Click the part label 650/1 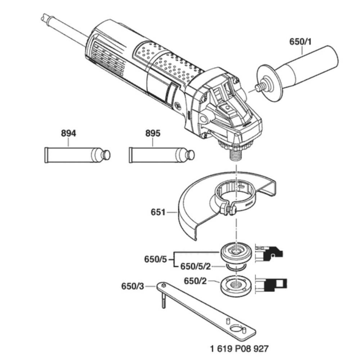point(301,42)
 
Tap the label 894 point(68,134)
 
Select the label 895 point(153,134)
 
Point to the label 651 point(158,212)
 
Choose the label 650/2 point(196,280)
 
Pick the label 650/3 point(132,287)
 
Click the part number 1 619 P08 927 point(239,348)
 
